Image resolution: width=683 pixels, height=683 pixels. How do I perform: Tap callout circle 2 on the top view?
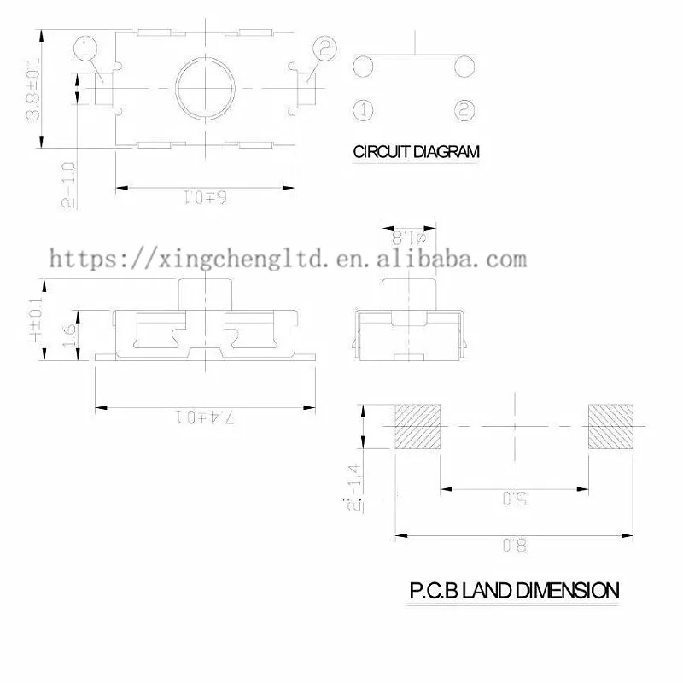click(x=324, y=50)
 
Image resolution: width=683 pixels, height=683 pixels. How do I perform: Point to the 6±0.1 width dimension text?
click(x=205, y=199)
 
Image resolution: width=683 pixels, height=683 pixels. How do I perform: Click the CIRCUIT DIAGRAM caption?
click(x=417, y=152)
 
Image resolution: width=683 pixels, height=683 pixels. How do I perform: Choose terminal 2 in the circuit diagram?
click(x=464, y=109)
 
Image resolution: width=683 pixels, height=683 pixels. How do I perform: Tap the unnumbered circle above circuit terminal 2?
click(x=464, y=67)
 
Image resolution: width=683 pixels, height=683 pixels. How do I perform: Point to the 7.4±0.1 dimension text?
click(x=206, y=417)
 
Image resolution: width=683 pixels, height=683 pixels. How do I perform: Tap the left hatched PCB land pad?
click(x=417, y=426)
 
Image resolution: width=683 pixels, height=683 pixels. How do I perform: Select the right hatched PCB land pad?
click(x=610, y=426)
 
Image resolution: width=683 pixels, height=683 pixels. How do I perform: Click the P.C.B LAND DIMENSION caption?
click(x=514, y=590)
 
